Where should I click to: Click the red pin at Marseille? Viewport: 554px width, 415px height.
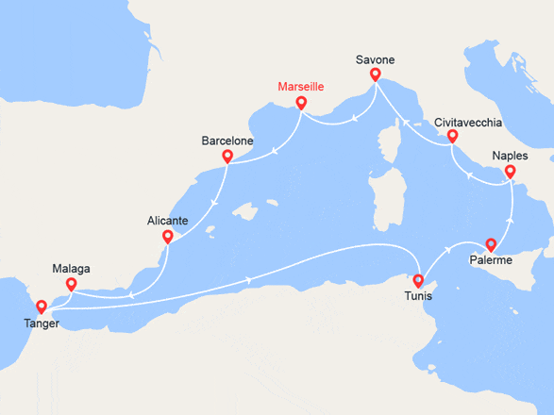click(301, 103)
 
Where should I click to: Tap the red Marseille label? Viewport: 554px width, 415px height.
click(301, 87)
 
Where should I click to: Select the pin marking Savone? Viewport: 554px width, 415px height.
click(375, 75)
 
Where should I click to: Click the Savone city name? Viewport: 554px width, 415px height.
click(375, 59)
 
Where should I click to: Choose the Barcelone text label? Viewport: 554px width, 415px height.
click(227, 141)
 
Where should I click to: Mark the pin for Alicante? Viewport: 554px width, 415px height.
click(167, 236)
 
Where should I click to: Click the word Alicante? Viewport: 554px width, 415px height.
click(168, 220)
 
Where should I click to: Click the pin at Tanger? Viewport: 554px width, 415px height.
click(41, 306)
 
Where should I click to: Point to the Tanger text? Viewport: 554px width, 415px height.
click(41, 324)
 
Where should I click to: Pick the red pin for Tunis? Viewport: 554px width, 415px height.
click(418, 280)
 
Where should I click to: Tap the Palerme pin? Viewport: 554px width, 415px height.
click(490, 244)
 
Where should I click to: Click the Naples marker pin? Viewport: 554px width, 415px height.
click(511, 172)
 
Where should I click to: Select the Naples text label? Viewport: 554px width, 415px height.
click(511, 156)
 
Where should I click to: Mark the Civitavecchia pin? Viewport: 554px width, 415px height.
click(452, 137)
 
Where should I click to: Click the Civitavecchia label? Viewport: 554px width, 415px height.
click(469, 122)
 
